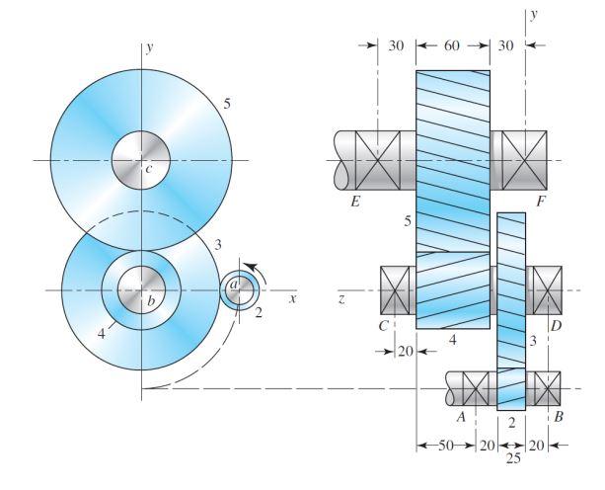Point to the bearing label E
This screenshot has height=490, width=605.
(354, 203)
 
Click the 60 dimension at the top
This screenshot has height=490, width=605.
(453, 46)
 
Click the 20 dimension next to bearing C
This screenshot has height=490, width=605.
(405, 349)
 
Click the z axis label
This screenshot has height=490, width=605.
(340, 297)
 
